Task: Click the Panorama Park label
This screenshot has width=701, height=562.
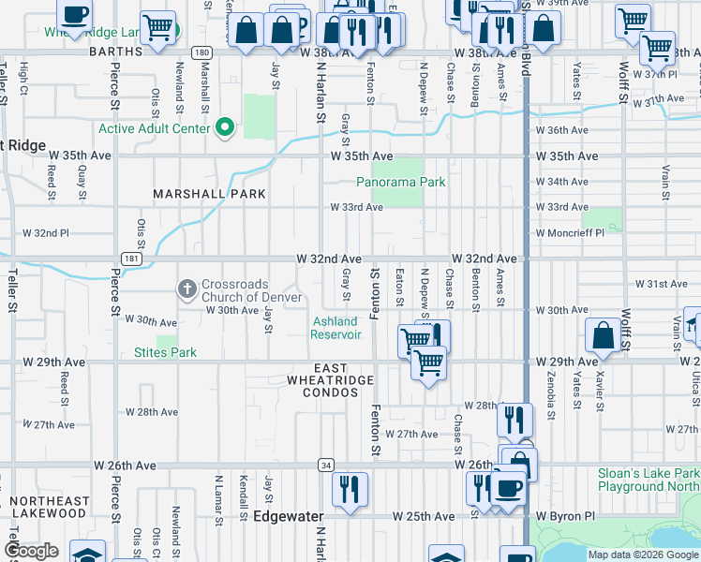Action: point(409,182)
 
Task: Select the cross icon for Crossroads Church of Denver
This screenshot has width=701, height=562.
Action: point(186,287)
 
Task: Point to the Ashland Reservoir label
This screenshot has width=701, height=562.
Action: point(336,328)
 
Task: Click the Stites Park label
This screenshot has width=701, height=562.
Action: point(165,352)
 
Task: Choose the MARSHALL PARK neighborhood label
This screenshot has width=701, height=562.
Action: point(210,194)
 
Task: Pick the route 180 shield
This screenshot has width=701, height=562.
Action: point(201,53)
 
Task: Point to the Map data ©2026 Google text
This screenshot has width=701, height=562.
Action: point(643,555)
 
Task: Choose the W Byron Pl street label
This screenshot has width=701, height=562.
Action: point(565,516)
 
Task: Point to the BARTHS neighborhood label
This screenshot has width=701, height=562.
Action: point(114,53)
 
